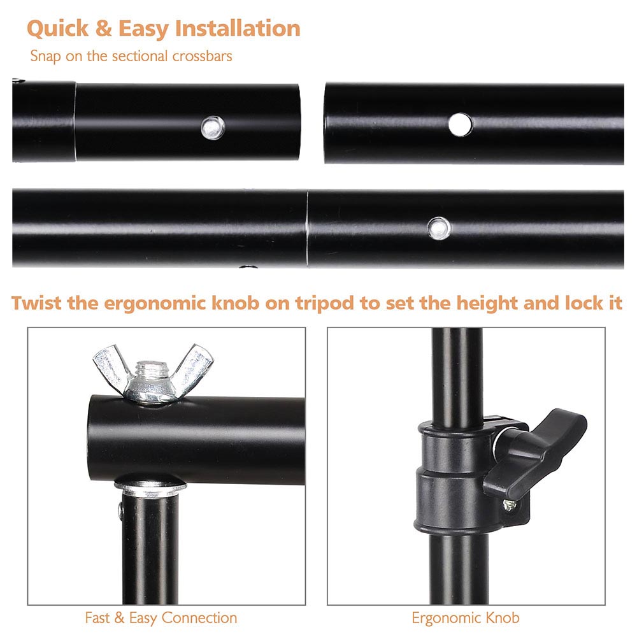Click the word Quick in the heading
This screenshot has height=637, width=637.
58,29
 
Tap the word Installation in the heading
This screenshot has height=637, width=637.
238,28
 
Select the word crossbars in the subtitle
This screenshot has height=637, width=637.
202,55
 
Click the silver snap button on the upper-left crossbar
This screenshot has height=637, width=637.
213,128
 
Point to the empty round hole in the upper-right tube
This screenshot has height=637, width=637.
461,124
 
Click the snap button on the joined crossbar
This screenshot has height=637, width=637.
439,228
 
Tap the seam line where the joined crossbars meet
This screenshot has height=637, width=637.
307,228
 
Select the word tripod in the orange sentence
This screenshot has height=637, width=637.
325,303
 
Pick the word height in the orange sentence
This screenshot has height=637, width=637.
487,303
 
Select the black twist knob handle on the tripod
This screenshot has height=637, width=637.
536,452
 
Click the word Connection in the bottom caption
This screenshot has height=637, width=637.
199,618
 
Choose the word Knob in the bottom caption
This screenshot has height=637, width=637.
503,618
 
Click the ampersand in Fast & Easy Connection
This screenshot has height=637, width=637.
119,618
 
